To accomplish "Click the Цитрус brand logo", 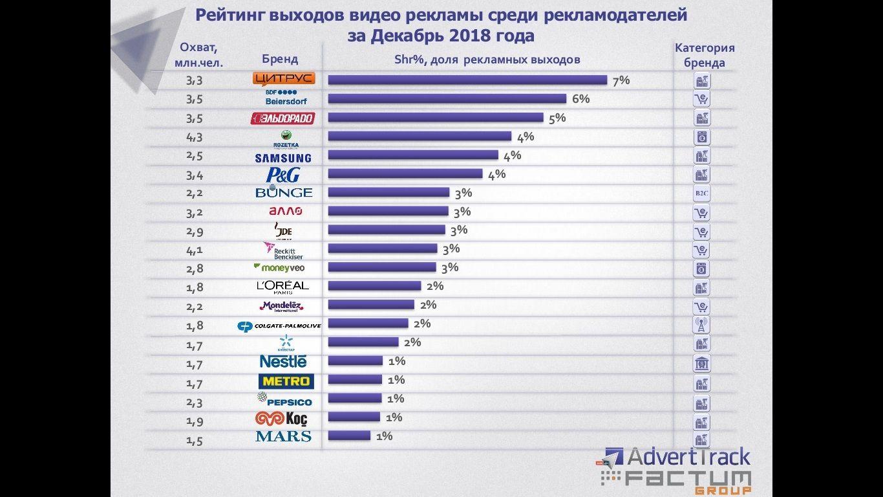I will click(284, 79).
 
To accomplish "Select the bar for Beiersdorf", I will click(447, 98).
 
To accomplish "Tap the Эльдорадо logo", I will click(282, 118).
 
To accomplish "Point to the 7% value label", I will click(621, 80).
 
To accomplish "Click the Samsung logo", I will click(283, 158).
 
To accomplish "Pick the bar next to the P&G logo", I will click(405, 173).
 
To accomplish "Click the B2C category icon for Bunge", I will click(701, 193).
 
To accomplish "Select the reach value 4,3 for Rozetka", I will click(194, 138).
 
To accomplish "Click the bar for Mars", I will click(349, 436).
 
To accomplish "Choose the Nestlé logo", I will click(283, 362).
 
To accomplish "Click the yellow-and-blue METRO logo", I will click(286, 381).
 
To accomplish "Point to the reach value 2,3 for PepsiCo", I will click(194, 403).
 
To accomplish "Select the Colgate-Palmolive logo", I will click(279, 326).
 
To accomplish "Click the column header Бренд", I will click(280, 59).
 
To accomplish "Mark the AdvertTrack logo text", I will click(688, 457).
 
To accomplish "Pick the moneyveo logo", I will click(279, 267).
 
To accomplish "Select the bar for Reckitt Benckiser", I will click(382, 248).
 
